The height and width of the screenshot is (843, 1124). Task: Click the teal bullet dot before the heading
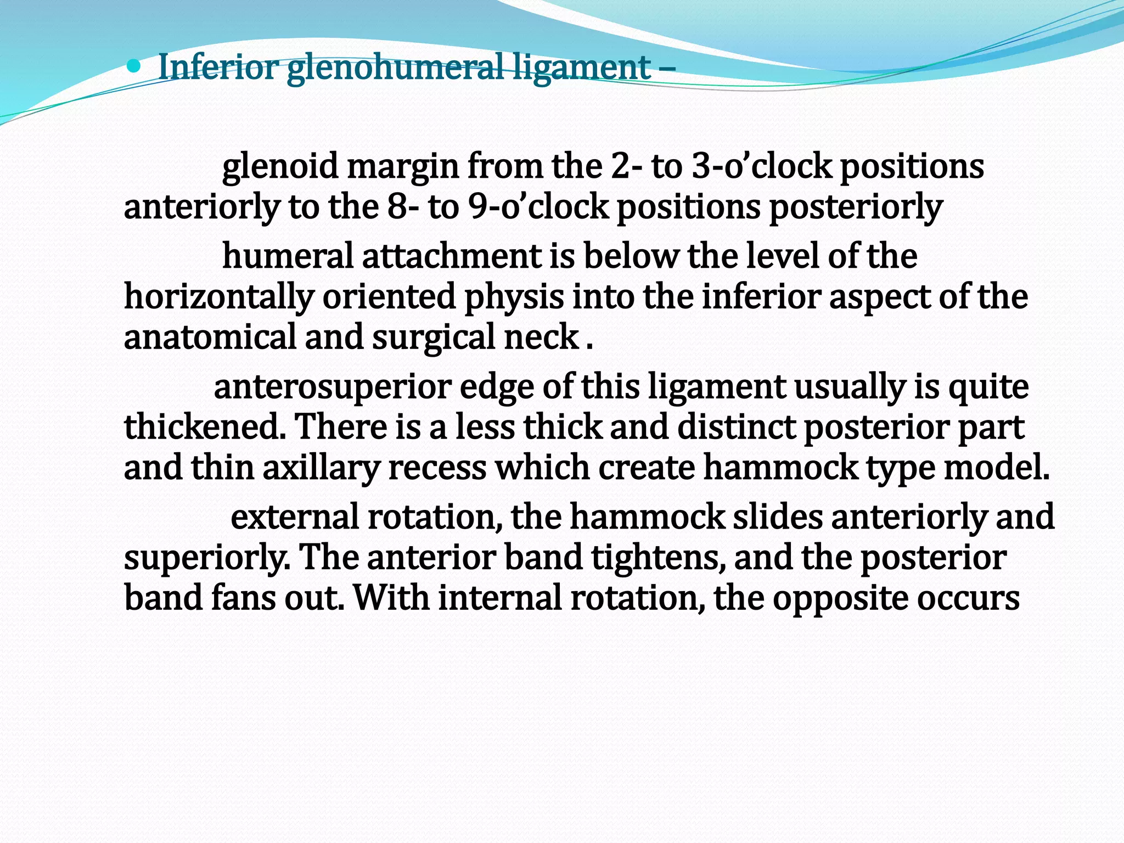133,67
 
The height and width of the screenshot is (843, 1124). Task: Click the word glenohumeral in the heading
395,68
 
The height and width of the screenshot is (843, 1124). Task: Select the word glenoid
280,166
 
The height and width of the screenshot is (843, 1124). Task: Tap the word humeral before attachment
288,256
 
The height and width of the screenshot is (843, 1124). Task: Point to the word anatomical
210,337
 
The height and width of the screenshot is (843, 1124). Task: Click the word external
294,517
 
